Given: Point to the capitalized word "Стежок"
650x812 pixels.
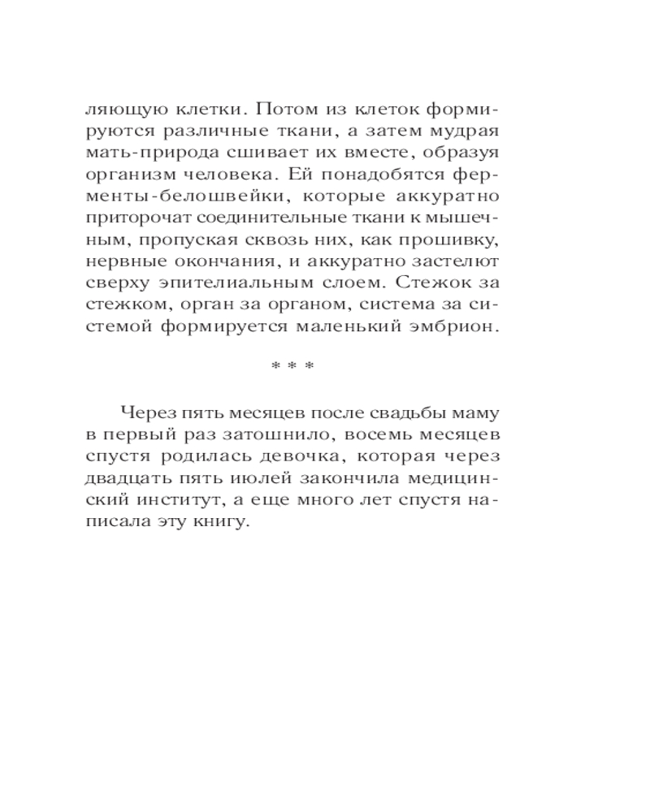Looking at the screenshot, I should [436, 284].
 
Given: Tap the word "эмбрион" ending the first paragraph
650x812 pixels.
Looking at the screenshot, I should [455, 328].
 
